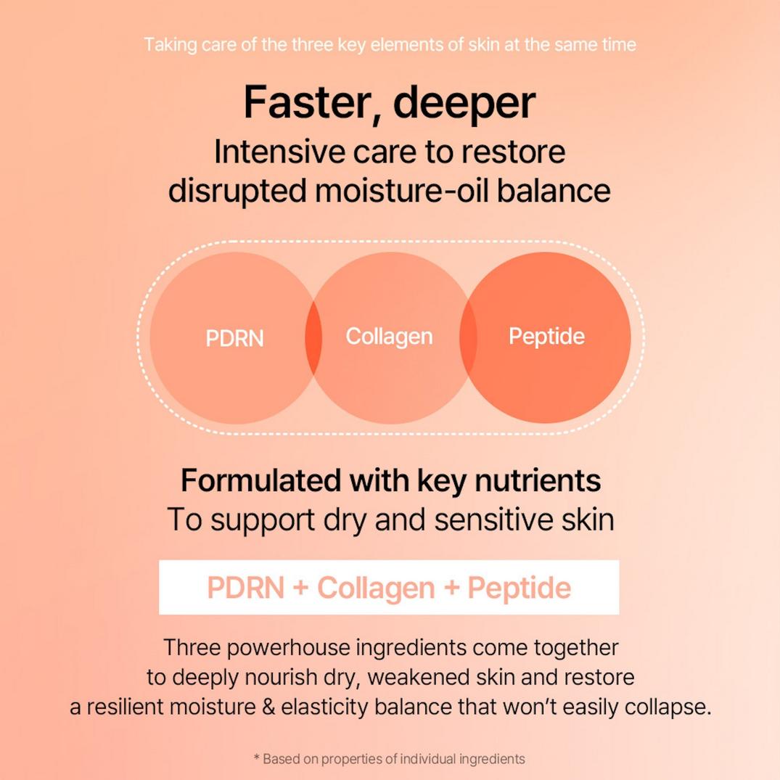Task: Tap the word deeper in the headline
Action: point(464,104)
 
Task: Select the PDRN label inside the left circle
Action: point(234,339)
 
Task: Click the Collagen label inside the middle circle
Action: point(389,337)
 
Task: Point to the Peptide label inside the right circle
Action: point(546,337)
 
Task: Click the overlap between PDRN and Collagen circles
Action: point(313,338)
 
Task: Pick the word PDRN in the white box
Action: point(245,588)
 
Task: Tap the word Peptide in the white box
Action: point(519,588)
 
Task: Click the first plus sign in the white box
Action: point(301,588)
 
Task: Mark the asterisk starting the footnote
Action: point(256,759)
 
